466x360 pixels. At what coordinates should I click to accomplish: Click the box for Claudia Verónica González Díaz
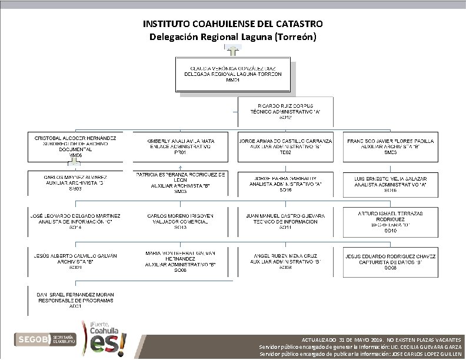[x=233, y=75]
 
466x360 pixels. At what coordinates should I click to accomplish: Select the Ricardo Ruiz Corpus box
[x=285, y=112]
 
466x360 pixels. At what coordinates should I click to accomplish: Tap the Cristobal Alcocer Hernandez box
[x=75, y=147]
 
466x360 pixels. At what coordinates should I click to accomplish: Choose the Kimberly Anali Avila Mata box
[x=180, y=147]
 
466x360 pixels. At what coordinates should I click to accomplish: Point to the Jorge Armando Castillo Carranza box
[x=285, y=147]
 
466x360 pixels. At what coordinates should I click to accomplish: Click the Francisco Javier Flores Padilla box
[x=391, y=147]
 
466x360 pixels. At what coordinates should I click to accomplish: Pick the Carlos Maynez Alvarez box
[x=75, y=183]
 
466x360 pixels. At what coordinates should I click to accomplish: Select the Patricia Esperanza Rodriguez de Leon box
[x=180, y=183]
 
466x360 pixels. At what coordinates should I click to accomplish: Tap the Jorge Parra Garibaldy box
[x=285, y=183]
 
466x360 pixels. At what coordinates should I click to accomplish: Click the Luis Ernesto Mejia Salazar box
[x=391, y=183]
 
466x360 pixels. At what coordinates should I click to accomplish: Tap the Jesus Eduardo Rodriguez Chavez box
[x=391, y=262]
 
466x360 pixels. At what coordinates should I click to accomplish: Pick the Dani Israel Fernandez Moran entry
[x=75, y=299]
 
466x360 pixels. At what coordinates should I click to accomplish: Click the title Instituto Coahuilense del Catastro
[x=233, y=25]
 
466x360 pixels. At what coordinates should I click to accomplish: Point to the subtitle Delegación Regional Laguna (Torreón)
[x=233, y=37]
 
